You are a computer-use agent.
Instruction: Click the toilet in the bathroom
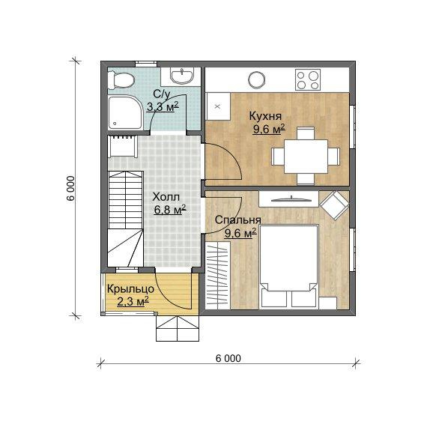click(121, 80)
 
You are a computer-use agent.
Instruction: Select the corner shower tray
click(125, 112)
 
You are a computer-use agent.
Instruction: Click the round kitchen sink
click(257, 79)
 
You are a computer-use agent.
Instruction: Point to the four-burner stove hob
click(308, 79)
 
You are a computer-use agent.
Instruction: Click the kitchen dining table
click(306, 157)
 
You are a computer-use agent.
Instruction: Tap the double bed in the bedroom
click(289, 267)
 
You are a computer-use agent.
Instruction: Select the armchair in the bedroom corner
click(334, 205)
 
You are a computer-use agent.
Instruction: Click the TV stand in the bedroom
click(288, 199)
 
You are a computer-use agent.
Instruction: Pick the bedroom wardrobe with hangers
click(218, 275)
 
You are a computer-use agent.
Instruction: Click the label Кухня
click(265, 116)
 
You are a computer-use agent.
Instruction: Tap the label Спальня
click(238, 220)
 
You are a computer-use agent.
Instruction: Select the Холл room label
click(166, 197)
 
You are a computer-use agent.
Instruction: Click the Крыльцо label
click(130, 289)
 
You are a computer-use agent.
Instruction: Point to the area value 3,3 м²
click(163, 106)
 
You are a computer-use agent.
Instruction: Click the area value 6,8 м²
click(170, 210)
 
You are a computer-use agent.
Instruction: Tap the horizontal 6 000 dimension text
click(228, 358)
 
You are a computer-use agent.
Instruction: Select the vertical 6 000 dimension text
click(71, 188)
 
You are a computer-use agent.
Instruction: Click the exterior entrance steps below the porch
click(178, 328)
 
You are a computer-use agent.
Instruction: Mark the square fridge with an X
click(218, 106)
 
